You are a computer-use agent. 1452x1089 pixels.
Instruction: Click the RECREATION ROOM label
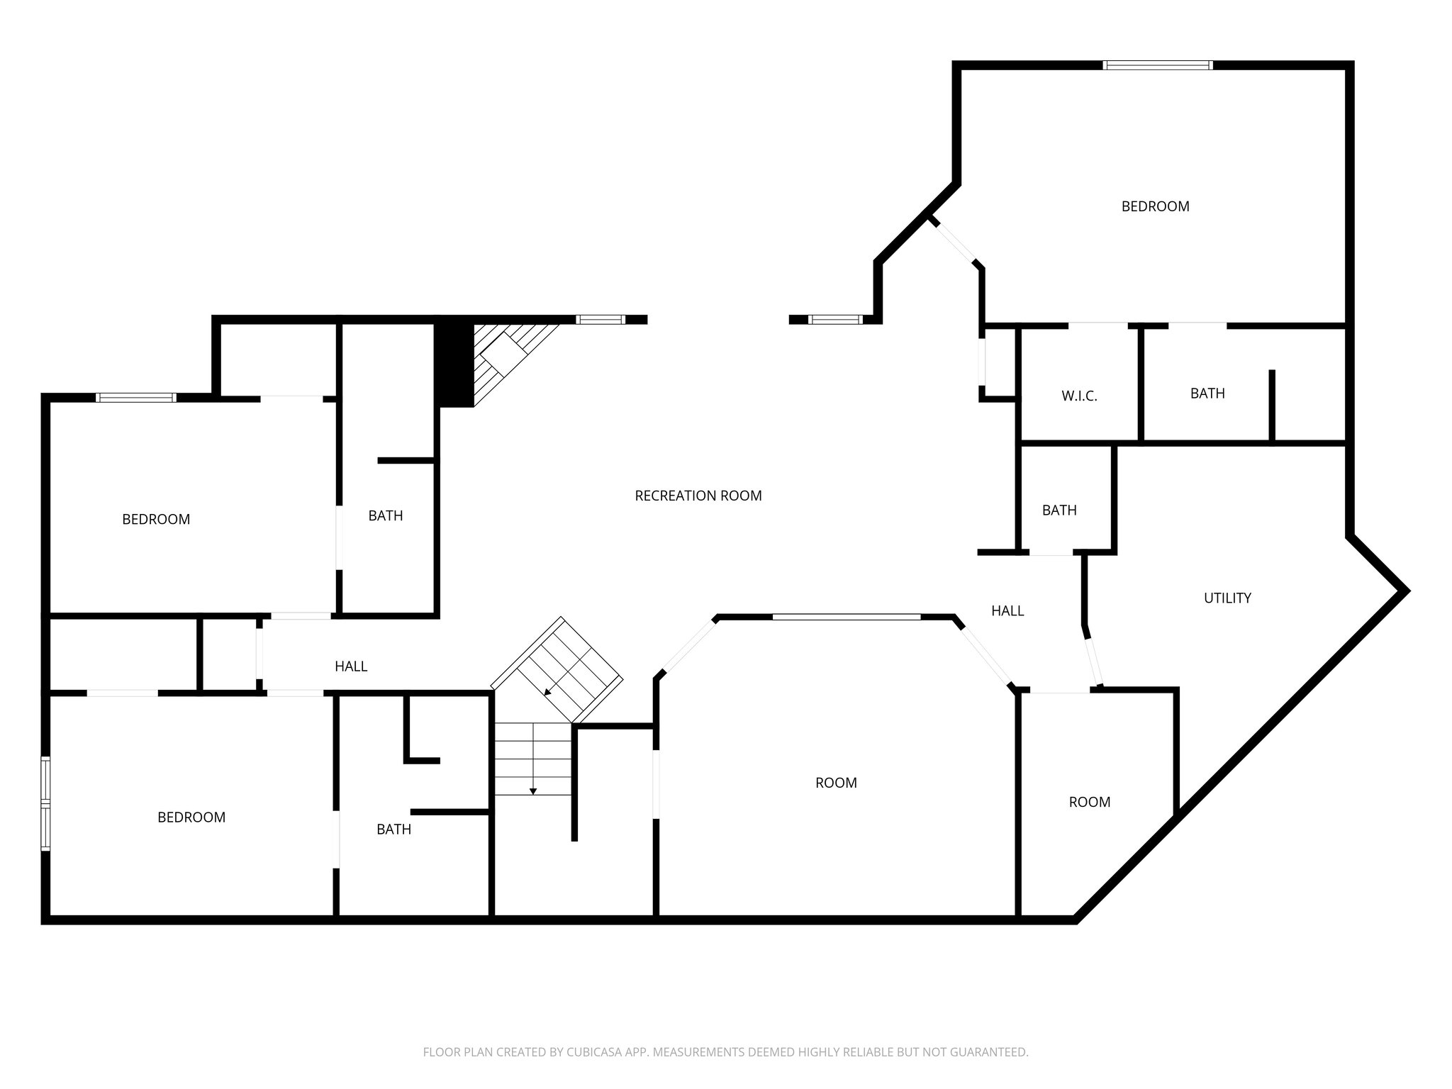(698, 496)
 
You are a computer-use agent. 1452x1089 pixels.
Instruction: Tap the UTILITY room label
(1227, 598)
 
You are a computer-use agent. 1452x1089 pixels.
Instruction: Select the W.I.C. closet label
(1079, 396)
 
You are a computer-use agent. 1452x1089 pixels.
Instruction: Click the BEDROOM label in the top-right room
(1155, 206)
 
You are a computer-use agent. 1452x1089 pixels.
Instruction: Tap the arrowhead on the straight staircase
(533, 791)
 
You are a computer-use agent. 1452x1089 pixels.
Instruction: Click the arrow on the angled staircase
(547, 691)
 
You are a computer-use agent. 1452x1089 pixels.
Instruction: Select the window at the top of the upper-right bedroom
(1158, 65)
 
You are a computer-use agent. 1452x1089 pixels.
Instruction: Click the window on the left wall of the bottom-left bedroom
(46, 803)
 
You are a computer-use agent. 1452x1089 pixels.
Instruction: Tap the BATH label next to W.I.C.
(1207, 393)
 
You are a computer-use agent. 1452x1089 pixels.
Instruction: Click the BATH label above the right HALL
(1059, 510)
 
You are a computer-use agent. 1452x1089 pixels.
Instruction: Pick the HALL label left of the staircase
(351, 666)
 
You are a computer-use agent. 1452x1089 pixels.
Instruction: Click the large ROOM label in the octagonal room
(836, 783)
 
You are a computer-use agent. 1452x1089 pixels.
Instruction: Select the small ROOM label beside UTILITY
(1089, 802)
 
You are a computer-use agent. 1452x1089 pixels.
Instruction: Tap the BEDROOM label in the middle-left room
(156, 520)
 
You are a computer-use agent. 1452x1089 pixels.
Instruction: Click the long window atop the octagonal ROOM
(847, 618)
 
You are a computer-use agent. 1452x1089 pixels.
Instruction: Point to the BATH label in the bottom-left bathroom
(393, 829)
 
